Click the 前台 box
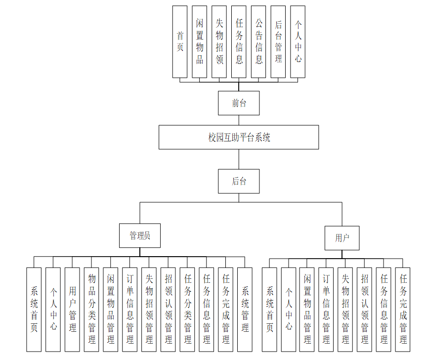[x=239, y=103]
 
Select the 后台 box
[x=239, y=181]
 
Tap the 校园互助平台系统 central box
[x=239, y=137]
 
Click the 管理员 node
[x=140, y=235]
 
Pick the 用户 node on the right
[x=341, y=238]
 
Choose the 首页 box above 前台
[x=180, y=42]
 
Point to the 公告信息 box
[x=258, y=42]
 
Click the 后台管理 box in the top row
[x=278, y=42]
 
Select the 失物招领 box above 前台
[x=219, y=42]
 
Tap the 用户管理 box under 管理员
[x=72, y=310]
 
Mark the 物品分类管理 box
[x=91, y=310]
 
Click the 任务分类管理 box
[x=187, y=310]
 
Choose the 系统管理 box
[x=245, y=310]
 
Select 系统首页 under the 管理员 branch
[x=34, y=310]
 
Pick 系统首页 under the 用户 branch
[x=269, y=310]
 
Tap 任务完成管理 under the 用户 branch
[x=403, y=310]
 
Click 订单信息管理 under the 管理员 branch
[x=130, y=310]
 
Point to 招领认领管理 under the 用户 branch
[x=365, y=310]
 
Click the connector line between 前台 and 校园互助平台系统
[x=239, y=120]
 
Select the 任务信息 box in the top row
[x=239, y=42]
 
